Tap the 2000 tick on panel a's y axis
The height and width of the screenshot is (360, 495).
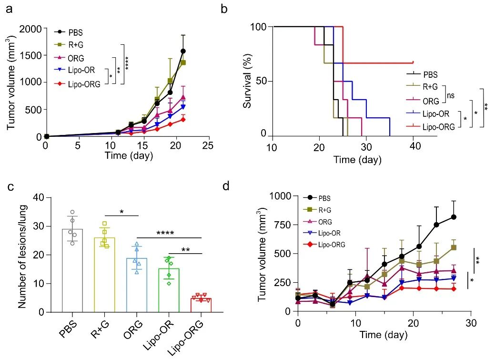tap(32, 29)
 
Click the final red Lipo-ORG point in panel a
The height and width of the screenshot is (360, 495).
tap(182, 119)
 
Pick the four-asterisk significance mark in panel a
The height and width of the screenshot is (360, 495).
tap(127, 63)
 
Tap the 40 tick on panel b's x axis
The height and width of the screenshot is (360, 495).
tap(415, 148)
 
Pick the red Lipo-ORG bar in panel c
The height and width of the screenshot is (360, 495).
tap(201, 305)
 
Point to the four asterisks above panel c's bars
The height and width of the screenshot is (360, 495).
tap(169, 233)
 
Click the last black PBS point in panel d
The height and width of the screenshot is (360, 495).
tap(454, 217)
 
